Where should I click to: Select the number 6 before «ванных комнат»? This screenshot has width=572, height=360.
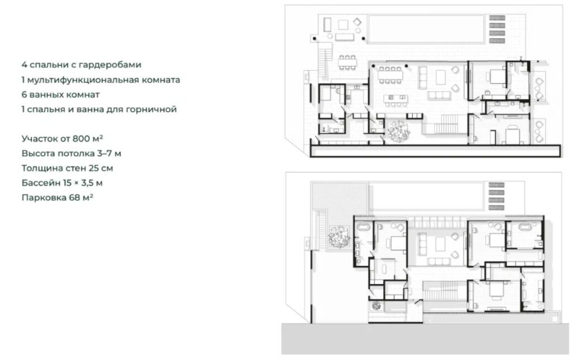24,94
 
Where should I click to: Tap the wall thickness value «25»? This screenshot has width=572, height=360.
94,169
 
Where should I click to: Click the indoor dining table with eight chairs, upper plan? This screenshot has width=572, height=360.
390,75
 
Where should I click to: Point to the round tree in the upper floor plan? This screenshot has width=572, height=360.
399,131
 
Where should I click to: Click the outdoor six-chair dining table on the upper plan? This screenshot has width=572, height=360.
347,63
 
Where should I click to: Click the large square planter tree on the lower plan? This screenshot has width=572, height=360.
339,237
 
